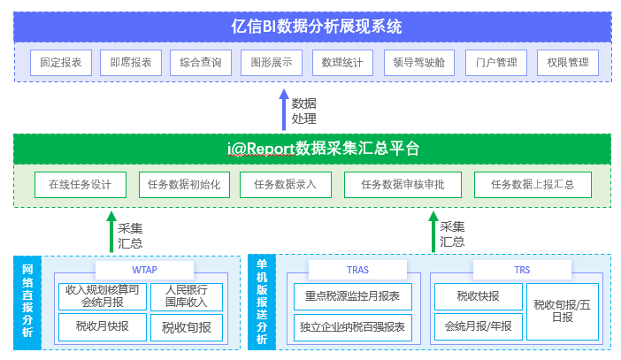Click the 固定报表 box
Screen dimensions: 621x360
61,63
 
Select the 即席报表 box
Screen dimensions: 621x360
131,63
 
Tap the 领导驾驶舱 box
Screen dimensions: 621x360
419,63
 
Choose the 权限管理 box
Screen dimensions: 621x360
568,63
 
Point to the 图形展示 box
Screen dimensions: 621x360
272,63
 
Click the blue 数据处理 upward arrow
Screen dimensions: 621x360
284,110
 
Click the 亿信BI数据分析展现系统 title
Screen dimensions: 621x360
317,27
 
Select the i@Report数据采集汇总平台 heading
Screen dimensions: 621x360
323,149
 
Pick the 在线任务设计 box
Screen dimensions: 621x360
80,185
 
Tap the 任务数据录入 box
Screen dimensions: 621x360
286,185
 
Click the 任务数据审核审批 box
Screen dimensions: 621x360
402,185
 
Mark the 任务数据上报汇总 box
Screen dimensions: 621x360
533,185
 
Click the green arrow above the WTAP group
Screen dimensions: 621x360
111,232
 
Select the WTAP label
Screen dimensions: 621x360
144,270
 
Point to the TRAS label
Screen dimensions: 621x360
357,270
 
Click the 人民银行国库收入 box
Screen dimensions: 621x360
187,296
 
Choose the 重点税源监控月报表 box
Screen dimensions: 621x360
352,296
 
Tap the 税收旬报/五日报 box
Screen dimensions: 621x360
563,311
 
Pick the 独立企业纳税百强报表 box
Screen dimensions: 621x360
352,327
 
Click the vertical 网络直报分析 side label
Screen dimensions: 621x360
27,303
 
